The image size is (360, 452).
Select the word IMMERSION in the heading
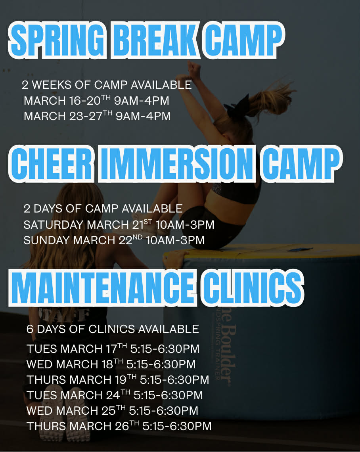tap(177, 163)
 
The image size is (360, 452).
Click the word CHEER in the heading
tap(52, 163)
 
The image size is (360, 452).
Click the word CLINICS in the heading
tap(252, 287)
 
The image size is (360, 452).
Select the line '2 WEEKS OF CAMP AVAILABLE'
tap(107, 85)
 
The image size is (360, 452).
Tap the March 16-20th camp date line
tap(96, 100)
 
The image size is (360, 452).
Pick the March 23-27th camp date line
tap(97, 116)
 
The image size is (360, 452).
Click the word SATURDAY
tap(53, 225)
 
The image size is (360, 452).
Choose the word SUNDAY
tap(46, 240)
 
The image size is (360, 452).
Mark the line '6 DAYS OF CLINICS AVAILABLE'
tap(113, 329)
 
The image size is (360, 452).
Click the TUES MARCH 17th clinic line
tap(113, 348)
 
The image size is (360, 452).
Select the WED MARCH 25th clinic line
tap(113, 410)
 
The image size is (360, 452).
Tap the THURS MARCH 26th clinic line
tap(119, 426)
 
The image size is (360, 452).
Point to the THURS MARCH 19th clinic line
tap(118, 379)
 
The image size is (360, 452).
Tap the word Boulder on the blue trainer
tap(230, 354)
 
